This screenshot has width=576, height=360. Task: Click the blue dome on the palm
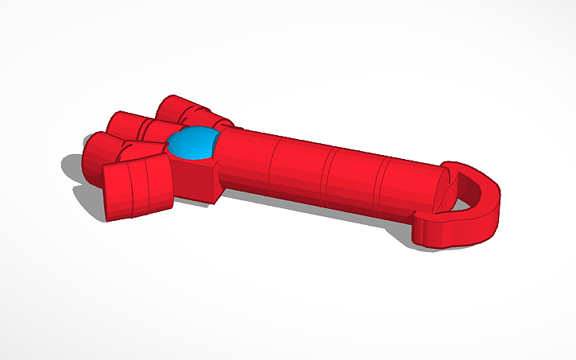[x=193, y=144]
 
